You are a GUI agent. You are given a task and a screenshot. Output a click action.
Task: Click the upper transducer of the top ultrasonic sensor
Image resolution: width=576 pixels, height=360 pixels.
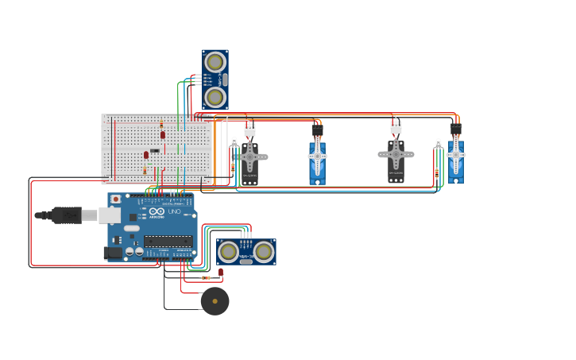click(x=215, y=62)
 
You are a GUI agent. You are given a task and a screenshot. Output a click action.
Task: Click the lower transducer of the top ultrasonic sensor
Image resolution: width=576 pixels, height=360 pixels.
click(x=215, y=97)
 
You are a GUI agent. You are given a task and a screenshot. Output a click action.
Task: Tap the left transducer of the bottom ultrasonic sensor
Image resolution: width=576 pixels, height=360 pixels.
click(x=229, y=252)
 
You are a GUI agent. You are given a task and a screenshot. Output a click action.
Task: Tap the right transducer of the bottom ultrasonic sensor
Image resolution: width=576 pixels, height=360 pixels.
click(x=264, y=252)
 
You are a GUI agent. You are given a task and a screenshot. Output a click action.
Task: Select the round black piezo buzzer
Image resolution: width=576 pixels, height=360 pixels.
click(x=215, y=301)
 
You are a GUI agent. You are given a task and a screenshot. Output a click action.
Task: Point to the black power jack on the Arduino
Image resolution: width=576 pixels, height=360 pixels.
click(x=113, y=253)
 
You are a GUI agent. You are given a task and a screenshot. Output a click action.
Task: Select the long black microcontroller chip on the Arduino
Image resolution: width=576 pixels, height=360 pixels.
click(x=168, y=241)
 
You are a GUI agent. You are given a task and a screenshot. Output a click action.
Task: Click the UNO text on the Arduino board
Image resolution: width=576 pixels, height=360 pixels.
click(x=175, y=211)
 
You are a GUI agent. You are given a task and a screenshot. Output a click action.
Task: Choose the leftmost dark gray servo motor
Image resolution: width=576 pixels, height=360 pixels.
click(x=249, y=159)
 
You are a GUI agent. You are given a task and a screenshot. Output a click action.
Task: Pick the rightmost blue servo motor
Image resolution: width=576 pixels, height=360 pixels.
click(x=455, y=159)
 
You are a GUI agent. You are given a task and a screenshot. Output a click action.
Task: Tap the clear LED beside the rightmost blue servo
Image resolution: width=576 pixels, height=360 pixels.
click(x=438, y=144)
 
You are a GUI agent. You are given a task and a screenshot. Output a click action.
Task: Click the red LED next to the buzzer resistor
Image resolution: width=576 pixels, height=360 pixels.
click(x=221, y=272)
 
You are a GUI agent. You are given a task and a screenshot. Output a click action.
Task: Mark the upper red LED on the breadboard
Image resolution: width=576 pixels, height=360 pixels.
click(x=163, y=135)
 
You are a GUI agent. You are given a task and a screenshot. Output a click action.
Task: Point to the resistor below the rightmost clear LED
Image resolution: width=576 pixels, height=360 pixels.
click(x=436, y=172)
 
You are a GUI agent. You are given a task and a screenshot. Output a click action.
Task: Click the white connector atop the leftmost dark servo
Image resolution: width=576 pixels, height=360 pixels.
click(x=249, y=130)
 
